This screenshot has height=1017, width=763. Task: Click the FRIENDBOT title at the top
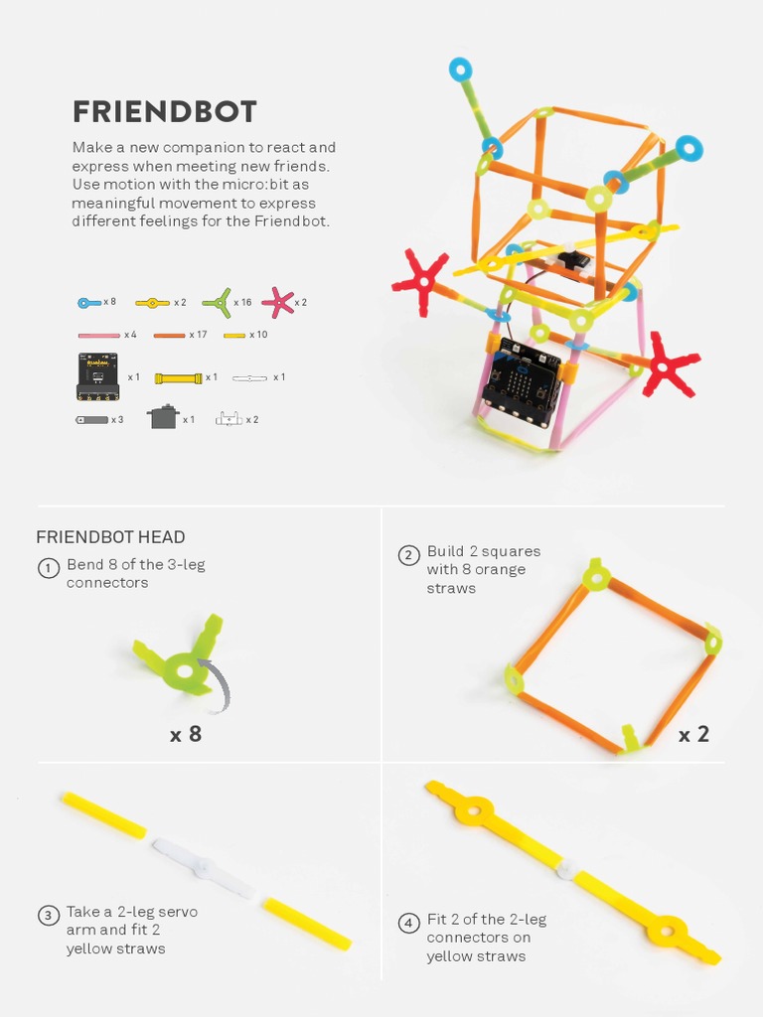point(164,111)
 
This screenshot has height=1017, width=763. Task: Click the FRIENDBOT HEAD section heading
point(110,537)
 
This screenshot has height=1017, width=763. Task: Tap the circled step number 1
point(48,569)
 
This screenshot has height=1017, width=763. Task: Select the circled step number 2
point(408,555)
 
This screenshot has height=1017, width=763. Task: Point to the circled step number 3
point(48,916)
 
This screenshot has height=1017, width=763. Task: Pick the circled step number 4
point(408,924)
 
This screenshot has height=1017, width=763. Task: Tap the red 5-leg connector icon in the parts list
point(277,302)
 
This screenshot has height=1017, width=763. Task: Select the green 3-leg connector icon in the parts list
point(217,302)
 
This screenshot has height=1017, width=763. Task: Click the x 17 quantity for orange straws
point(198,335)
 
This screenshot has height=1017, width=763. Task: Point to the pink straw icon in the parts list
point(99,336)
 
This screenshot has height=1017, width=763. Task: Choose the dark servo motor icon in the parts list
point(163,417)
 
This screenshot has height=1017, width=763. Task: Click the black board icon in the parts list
point(97,376)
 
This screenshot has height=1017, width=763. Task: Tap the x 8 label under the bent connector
point(186,735)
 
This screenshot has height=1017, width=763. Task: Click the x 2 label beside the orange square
point(693,735)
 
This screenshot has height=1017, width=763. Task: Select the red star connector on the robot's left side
point(421,282)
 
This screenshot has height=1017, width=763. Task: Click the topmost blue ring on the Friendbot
point(460,70)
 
